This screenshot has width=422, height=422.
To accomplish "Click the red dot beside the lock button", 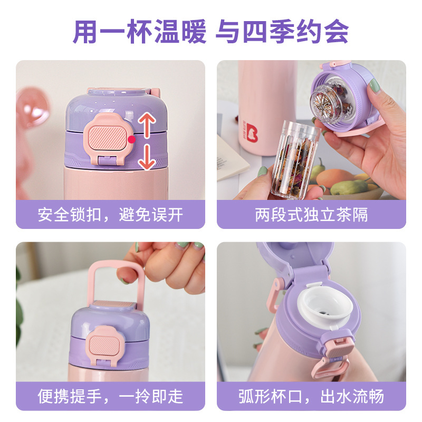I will point(131,139).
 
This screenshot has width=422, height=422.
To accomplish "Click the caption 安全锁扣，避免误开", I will point(110,215).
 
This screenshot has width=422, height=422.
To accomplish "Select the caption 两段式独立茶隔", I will point(311,215).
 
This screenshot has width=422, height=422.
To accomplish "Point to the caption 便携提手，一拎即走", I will point(110,396).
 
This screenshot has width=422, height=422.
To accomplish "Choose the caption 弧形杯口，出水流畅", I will point(311,396).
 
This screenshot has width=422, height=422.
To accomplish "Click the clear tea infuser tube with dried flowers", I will point(293,158).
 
